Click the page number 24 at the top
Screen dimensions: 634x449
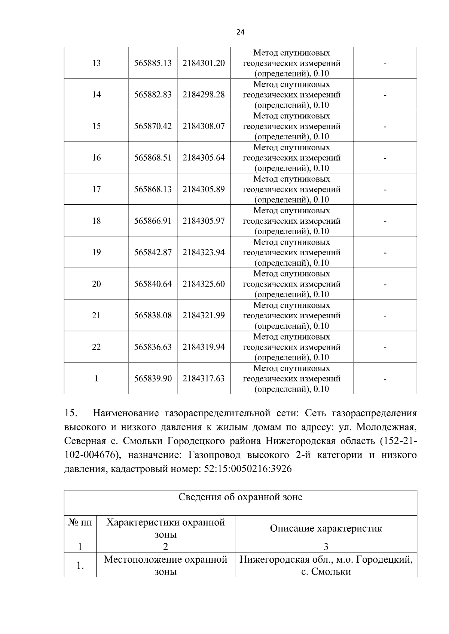pyautogui.click(x=241, y=32)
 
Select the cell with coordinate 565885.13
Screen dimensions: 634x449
pyautogui.click(x=153, y=63)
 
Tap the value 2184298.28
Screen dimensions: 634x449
pyautogui.click(x=204, y=95)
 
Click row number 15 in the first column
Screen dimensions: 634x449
pyautogui.click(x=96, y=126)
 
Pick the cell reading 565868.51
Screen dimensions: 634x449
pyautogui.click(x=153, y=158)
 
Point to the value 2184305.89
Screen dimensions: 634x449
pyautogui.click(x=204, y=189)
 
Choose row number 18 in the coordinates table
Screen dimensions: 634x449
pyautogui.click(x=96, y=221)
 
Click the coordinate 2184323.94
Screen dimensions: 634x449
pyautogui.click(x=204, y=252)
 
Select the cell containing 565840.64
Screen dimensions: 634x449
pyautogui.click(x=153, y=284)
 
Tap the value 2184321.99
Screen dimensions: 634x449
pyautogui.click(x=204, y=315)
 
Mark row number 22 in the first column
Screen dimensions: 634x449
pyautogui.click(x=96, y=347)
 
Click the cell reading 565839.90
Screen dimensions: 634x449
pyautogui.click(x=153, y=378)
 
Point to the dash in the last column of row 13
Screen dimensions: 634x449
pyautogui.click(x=385, y=64)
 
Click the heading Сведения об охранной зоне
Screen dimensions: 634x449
pyautogui.click(x=240, y=497)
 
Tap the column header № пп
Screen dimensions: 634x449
pyautogui.click(x=80, y=523)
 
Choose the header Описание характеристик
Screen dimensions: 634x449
pyautogui.click(x=326, y=528)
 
